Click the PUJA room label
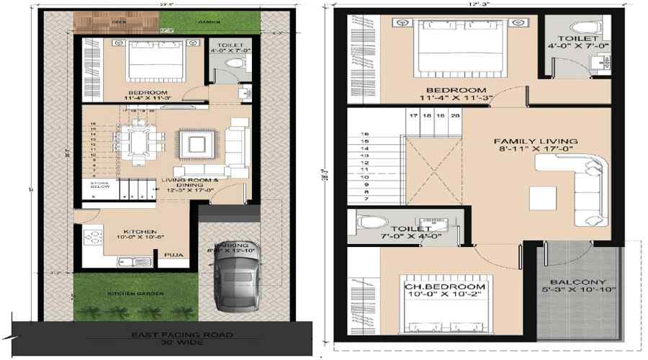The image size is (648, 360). [172, 254]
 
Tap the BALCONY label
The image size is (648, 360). [578, 282]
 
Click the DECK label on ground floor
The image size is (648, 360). [99, 22]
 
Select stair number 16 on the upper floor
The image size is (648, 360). [365, 134]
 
